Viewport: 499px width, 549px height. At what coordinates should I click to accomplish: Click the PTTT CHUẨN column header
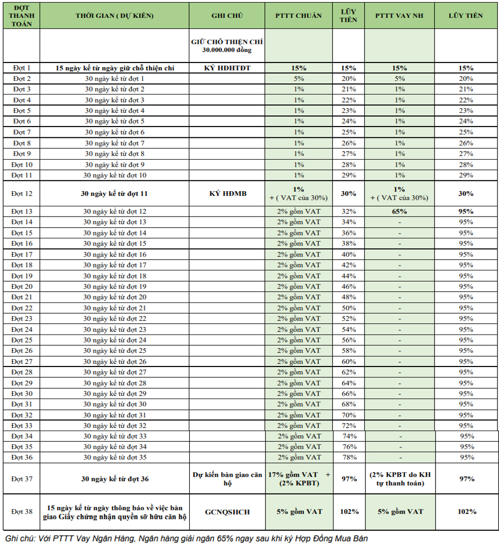(298, 15)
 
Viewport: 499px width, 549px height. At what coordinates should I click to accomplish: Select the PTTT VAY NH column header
(399, 15)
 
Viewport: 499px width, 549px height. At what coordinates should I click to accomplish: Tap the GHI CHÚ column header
(227, 15)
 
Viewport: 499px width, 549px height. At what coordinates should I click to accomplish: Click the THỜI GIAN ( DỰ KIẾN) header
(114, 15)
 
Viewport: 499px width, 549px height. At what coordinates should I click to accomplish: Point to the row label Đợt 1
(22, 68)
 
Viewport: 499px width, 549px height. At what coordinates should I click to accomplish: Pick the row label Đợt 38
(22, 511)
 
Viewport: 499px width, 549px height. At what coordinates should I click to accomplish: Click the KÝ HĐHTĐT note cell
(227, 68)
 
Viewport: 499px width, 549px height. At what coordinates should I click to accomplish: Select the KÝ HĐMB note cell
(227, 193)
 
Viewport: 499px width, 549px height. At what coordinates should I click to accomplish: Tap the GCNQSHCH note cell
(227, 512)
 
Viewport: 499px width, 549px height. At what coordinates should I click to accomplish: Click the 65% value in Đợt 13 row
(399, 211)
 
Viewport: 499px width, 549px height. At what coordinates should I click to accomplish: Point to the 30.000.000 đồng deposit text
(227, 50)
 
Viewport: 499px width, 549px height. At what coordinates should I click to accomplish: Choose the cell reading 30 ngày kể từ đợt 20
(115, 297)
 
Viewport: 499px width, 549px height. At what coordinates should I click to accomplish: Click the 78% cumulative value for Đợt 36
(349, 457)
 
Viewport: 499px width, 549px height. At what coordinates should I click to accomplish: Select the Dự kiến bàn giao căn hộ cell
(227, 478)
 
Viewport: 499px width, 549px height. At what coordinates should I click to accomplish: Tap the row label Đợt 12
(22, 193)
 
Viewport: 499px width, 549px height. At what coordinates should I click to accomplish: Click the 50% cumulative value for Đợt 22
(349, 308)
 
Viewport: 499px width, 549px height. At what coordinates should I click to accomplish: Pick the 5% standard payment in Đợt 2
(298, 78)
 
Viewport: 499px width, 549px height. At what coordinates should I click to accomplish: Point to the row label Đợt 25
(22, 340)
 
